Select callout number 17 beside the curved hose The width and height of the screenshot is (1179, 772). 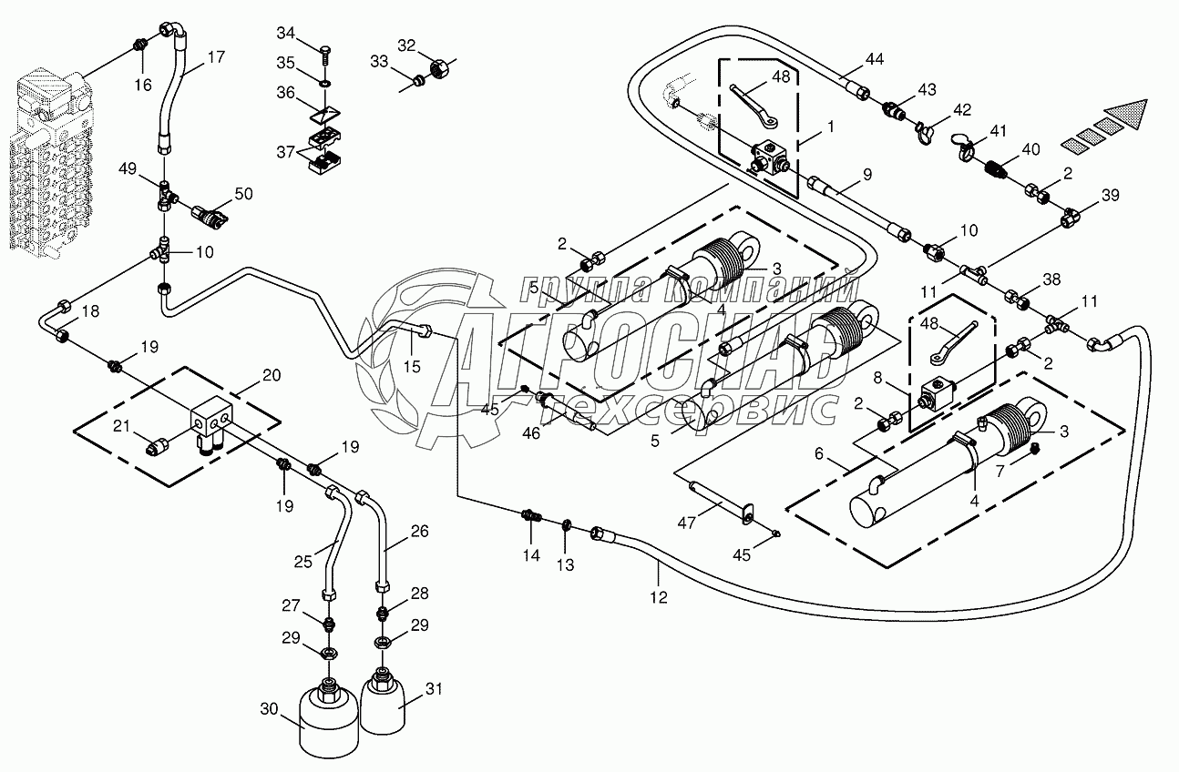click(x=216, y=56)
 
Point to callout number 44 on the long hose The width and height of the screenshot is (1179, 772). click(x=875, y=59)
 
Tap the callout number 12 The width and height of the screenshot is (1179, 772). click(x=658, y=597)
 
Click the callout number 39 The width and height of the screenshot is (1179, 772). click(x=1111, y=197)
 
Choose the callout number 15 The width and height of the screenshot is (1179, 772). click(x=413, y=366)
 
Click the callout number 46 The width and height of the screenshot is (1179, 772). click(x=531, y=433)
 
